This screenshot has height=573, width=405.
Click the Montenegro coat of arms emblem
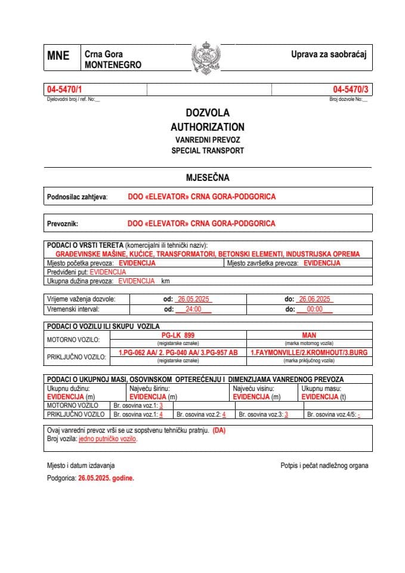tap(206, 58)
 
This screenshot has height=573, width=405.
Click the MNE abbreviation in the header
tap(58, 56)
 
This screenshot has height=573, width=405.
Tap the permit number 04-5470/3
tap(351, 90)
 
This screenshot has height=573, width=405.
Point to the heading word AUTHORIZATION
tap(207, 127)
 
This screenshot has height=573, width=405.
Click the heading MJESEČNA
tap(208, 177)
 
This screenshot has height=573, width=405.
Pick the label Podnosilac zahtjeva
tap(77, 196)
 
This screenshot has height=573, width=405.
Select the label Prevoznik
tap(63, 224)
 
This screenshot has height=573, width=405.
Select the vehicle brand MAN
tap(309, 335)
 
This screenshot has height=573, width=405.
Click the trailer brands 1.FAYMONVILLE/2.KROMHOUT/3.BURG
tap(309, 352)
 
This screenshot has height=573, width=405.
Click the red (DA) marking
tap(219, 430)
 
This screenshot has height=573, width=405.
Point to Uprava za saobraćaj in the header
tap(328, 55)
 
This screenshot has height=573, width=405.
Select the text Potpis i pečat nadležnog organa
tap(324, 466)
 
